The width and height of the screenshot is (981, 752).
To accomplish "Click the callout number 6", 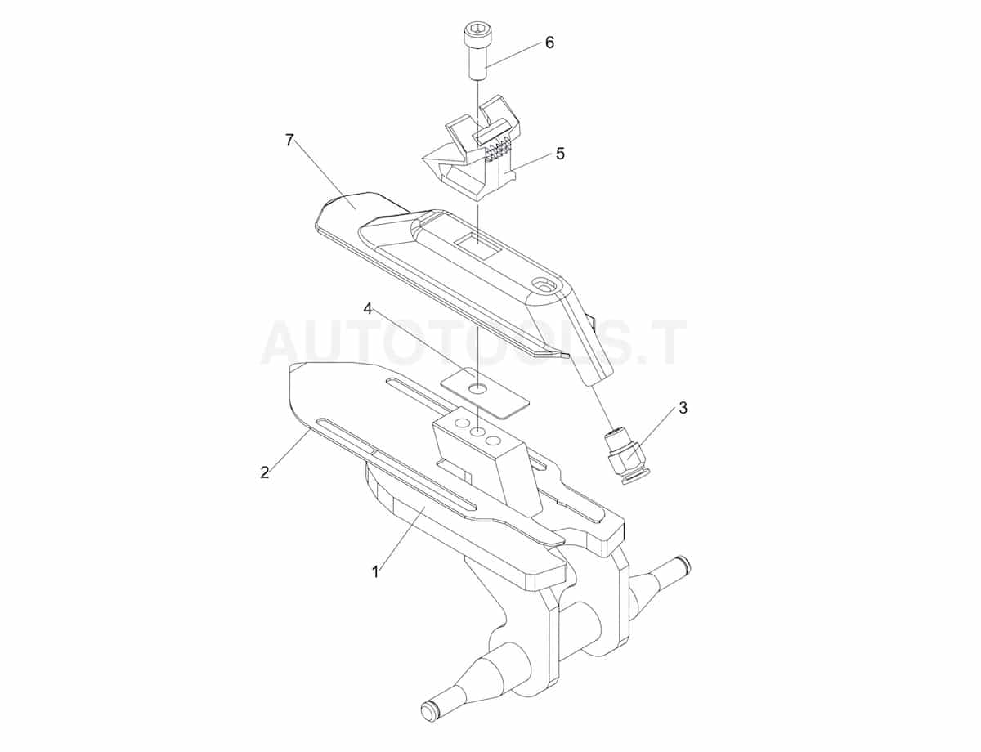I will point(549,43).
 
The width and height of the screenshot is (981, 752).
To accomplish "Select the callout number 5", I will point(560,154).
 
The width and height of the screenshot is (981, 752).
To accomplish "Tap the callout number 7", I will point(289,140).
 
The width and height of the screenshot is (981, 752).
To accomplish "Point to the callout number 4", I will point(368,308).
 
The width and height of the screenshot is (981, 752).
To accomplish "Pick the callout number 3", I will point(683,407).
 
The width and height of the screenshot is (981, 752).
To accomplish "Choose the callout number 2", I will point(264,472).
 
